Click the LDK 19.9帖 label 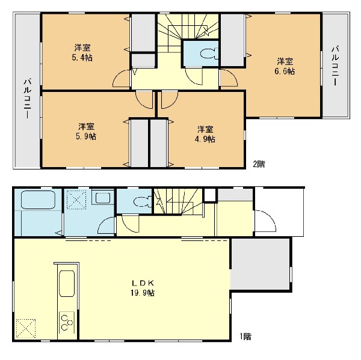pos(143,288)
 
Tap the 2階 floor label pos(259,164)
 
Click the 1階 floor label pos(245,337)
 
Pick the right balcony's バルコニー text pos(336,66)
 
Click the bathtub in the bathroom pos(38,200)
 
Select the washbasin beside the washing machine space pos(102,198)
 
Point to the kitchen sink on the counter pos(67,284)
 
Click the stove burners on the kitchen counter pos(66,322)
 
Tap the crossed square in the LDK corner pos(25,328)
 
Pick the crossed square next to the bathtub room pos(76,200)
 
